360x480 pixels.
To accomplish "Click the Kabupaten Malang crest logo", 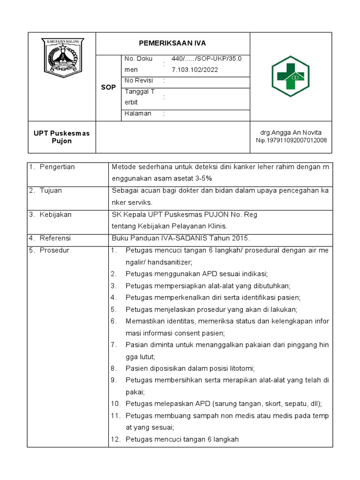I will click(62, 58).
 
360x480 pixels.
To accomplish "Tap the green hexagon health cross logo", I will click(291, 76).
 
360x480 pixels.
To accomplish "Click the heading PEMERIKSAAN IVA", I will click(172, 43).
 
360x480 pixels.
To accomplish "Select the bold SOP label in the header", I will click(108, 88).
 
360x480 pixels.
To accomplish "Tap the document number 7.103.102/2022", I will click(195, 69).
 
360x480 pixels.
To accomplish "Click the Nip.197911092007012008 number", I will click(291, 140).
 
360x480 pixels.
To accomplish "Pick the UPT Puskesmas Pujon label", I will click(61, 137).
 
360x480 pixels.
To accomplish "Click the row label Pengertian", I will click(57, 167).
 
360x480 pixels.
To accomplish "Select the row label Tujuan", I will click(51, 190).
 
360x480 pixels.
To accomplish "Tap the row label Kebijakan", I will click(55, 214).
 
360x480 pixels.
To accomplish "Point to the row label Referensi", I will click(55, 238).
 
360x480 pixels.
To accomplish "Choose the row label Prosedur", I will click(54, 250).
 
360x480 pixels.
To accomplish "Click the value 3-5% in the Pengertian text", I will click(203, 179).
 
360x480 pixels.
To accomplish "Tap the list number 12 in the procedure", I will click(116, 439).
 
